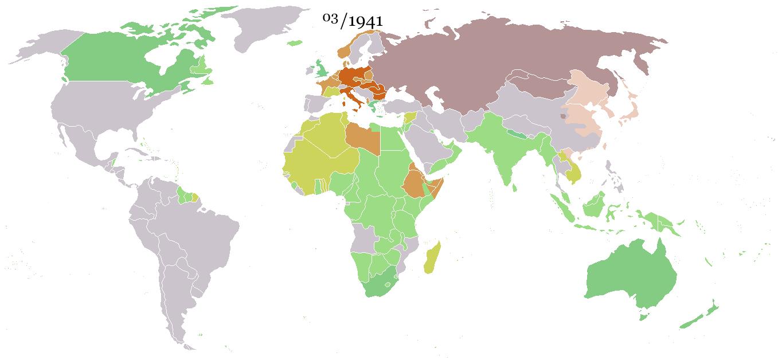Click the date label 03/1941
[x=353, y=21]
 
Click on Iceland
[x=294, y=43]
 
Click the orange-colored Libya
[x=362, y=138]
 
